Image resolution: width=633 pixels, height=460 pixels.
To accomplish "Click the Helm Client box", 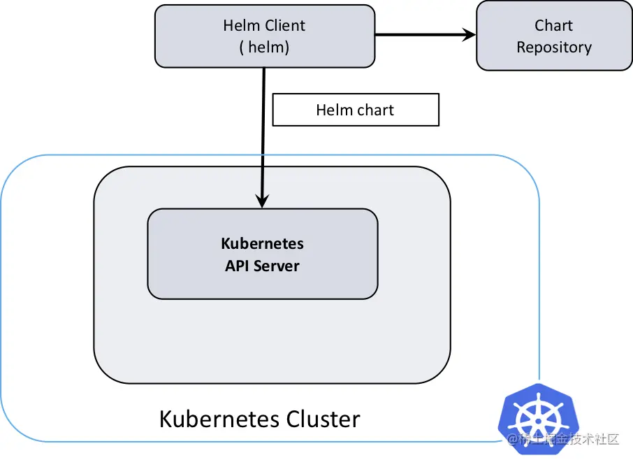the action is pos(265,36).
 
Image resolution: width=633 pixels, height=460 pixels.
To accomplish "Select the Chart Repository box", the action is pos(554,36).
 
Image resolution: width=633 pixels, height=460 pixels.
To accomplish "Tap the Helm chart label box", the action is pos(356,110).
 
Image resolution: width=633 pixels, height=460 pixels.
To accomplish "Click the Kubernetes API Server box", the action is pos(263,254).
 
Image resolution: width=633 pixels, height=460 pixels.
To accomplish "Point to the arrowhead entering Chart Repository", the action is pos(470,35).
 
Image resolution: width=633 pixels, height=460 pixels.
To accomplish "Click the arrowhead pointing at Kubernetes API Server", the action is pos(263,201).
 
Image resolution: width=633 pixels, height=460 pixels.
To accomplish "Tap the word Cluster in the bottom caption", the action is pos(323,419).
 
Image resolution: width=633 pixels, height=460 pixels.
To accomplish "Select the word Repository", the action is pos(554,48).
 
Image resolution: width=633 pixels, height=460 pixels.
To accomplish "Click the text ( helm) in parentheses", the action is pos(264,48).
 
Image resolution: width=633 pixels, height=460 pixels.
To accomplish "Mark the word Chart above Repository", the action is pos(553,25).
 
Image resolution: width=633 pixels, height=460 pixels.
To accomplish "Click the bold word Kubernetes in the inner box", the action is pos(263,243).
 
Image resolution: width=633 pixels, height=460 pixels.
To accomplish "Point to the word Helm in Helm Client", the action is pos(241,25).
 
